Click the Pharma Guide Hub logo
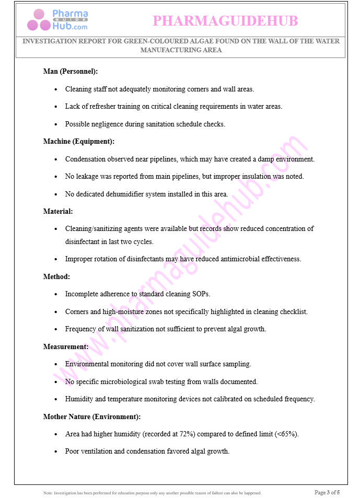(57, 20)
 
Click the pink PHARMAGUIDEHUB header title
(225, 21)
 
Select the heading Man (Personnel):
(71, 72)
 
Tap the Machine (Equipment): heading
(78, 141)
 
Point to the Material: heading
(58, 211)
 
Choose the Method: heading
(56, 276)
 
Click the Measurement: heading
(66, 346)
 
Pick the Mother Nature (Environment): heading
(92, 416)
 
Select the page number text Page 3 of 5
(327, 492)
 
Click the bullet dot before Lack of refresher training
(56, 107)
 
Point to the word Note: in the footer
(48, 493)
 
